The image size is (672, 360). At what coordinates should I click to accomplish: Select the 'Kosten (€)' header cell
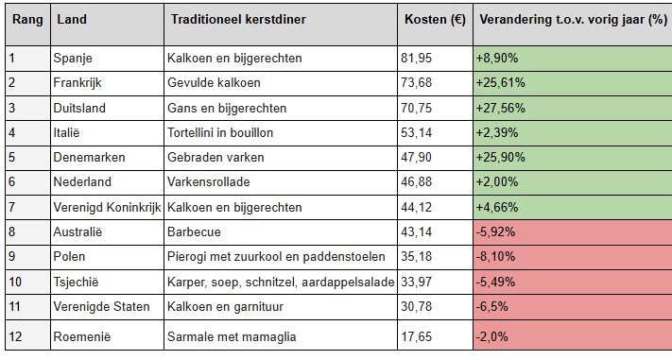point(432,20)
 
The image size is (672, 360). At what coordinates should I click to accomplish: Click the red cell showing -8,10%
point(500,256)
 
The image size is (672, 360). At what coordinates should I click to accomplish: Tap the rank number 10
point(16,281)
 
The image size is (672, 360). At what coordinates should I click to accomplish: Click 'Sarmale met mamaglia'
point(230,335)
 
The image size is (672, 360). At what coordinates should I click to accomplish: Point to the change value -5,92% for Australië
point(500,231)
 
